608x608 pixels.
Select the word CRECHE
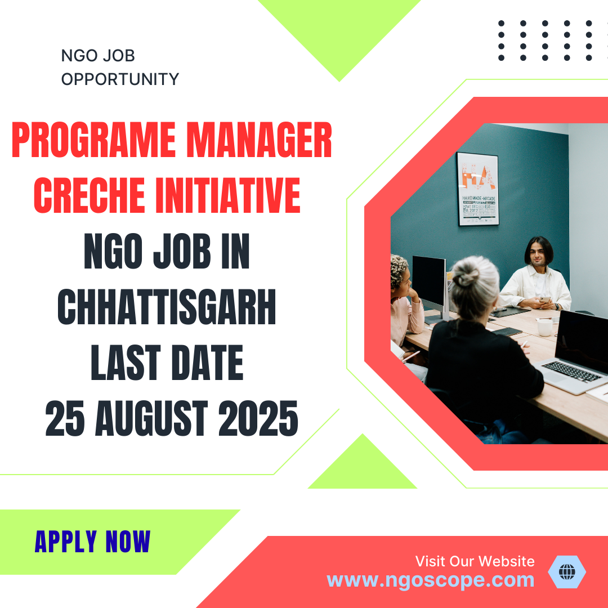(x=90, y=195)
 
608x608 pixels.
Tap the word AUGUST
(x=153, y=419)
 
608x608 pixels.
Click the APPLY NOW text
(x=92, y=542)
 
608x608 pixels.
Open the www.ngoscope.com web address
(x=430, y=580)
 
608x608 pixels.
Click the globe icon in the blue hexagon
(x=566, y=572)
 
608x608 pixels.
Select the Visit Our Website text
(x=475, y=561)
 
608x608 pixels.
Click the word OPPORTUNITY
(x=120, y=79)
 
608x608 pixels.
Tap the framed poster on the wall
(x=477, y=189)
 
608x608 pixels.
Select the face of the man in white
(x=539, y=257)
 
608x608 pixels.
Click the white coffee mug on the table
(x=545, y=327)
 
